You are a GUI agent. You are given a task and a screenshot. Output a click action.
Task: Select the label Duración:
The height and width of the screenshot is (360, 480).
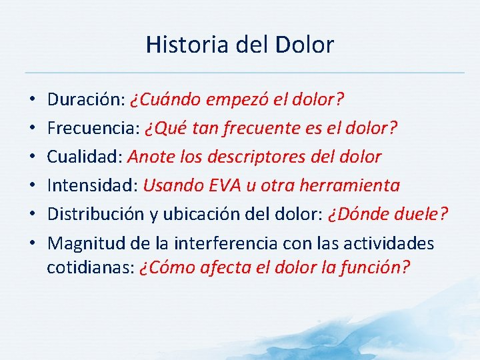pos(86,100)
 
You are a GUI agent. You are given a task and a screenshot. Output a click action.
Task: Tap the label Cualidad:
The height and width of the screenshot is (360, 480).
pos(85,157)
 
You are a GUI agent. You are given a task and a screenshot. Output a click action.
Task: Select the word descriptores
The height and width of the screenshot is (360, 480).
pos(266,157)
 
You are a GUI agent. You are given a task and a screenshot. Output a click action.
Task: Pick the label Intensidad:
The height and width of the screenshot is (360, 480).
pos(93,185)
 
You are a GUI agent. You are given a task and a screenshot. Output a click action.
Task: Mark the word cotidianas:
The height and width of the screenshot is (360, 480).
pos(91,267)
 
